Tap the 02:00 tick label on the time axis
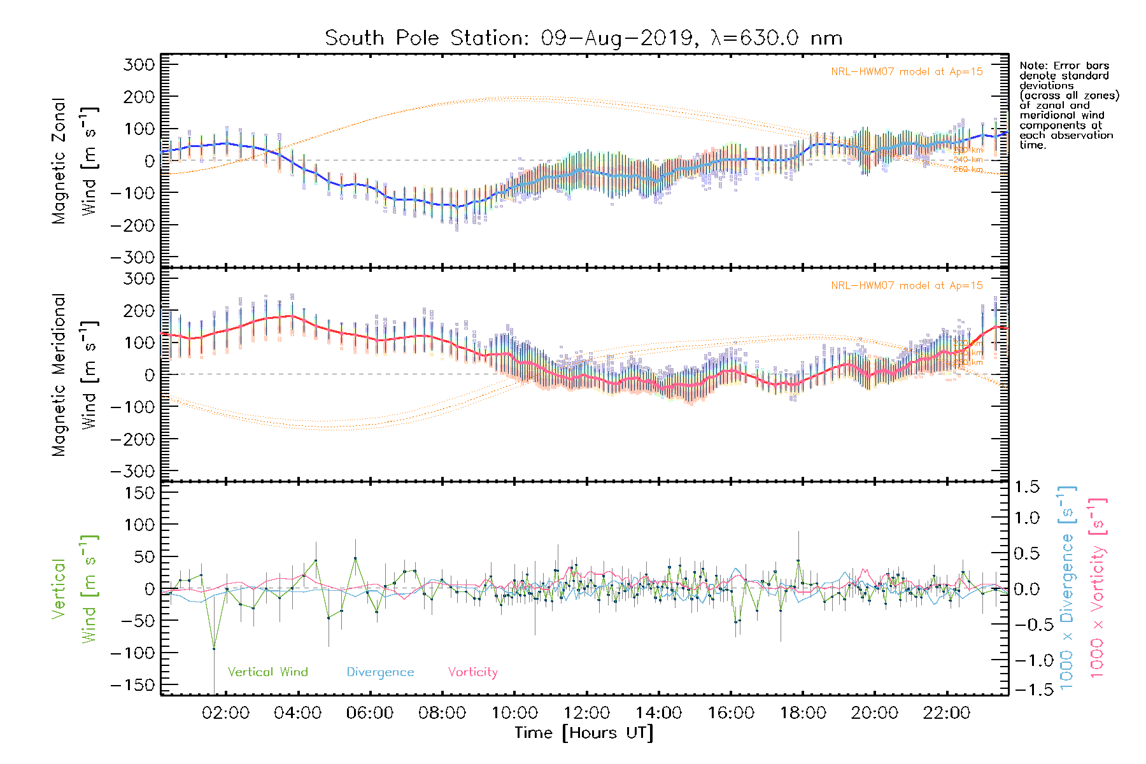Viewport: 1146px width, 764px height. [225, 712]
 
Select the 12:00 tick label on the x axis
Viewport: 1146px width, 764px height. [586, 712]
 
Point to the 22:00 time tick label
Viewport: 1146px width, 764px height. [947, 712]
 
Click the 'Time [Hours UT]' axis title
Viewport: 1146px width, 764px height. [584, 733]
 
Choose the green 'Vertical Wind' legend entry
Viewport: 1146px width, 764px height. [267, 672]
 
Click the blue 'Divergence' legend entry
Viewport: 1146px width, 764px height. [380, 672]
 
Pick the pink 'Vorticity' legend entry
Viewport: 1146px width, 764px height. [472, 672]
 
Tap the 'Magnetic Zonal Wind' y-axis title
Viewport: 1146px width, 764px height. [75, 160]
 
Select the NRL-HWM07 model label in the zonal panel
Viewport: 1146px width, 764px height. [907, 71]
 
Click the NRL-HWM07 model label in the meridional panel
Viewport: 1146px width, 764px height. [907, 285]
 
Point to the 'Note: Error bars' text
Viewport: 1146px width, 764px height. [1064, 66]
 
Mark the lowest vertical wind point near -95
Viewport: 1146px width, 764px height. [214, 649]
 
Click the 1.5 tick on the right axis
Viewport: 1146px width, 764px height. [1027, 486]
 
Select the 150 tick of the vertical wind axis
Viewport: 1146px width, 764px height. [140, 492]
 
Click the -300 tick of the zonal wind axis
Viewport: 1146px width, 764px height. [133, 257]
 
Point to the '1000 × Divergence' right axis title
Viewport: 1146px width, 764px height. [1067, 588]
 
